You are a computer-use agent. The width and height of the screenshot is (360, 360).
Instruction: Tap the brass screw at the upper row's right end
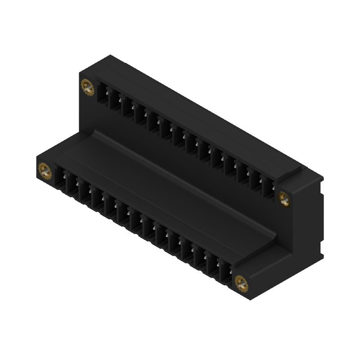tap(284, 198)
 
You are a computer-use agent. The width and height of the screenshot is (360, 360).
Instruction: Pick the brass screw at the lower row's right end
tap(242, 283)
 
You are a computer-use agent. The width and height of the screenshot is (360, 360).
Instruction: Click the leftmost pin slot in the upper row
tap(104, 94)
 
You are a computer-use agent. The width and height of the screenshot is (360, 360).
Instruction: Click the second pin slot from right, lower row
tap(212, 264)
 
